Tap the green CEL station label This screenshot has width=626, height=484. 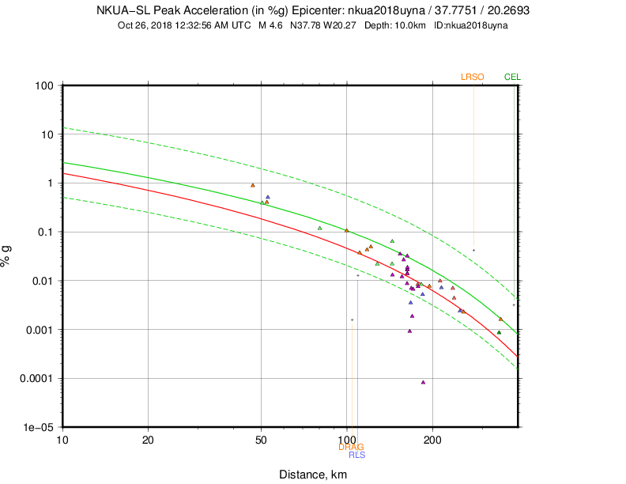512,77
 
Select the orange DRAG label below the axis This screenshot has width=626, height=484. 351,447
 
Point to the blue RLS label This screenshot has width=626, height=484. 356,455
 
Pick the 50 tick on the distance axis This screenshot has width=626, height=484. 262,439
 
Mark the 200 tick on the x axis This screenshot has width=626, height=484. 432,439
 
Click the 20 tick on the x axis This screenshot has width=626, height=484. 149,439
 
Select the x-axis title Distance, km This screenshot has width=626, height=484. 312,475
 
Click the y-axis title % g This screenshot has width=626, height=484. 9,256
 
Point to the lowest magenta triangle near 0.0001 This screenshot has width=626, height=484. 423,382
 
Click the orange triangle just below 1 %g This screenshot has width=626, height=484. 253,185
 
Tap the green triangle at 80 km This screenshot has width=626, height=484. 319,228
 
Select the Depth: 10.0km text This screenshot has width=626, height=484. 396,25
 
